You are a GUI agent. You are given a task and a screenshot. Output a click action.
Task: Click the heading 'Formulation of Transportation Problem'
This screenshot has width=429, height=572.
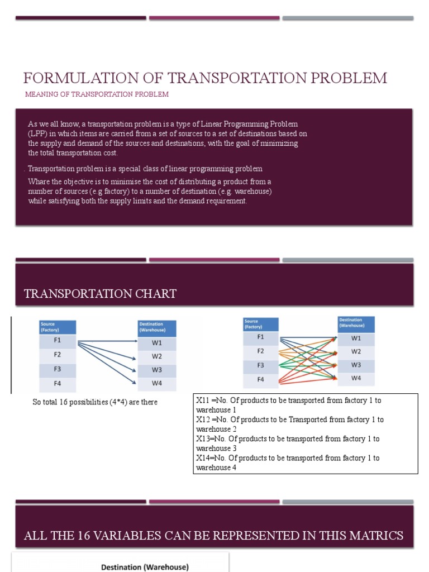coord(205,78)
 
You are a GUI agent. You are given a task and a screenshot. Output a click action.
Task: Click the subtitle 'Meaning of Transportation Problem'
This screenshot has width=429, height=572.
coord(97,94)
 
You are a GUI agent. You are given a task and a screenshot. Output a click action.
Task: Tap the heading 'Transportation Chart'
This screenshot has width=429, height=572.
coord(101,294)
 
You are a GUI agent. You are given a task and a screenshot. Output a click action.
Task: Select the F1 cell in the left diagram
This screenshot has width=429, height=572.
coord(57,341)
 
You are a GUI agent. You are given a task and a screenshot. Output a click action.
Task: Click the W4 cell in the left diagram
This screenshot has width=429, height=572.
coord(157,384)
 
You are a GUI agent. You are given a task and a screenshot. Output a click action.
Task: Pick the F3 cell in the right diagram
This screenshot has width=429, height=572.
coord(260,365)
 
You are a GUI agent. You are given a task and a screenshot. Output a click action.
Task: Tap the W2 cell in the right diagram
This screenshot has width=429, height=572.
coord(356,351)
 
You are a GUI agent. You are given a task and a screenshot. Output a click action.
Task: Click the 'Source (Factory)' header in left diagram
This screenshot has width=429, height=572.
coord(57,327)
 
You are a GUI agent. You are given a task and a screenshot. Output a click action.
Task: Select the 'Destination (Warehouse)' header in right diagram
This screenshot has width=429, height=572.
coord(356,323)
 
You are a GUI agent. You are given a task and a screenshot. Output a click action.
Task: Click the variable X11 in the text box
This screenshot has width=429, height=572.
coord(202,401)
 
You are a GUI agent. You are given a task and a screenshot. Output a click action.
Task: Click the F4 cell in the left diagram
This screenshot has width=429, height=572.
coord(57,384)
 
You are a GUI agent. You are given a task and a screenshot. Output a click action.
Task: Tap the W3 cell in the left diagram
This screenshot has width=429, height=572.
coord(157,370)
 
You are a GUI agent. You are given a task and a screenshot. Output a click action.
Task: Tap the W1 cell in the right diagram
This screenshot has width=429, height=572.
coord(356,338)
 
